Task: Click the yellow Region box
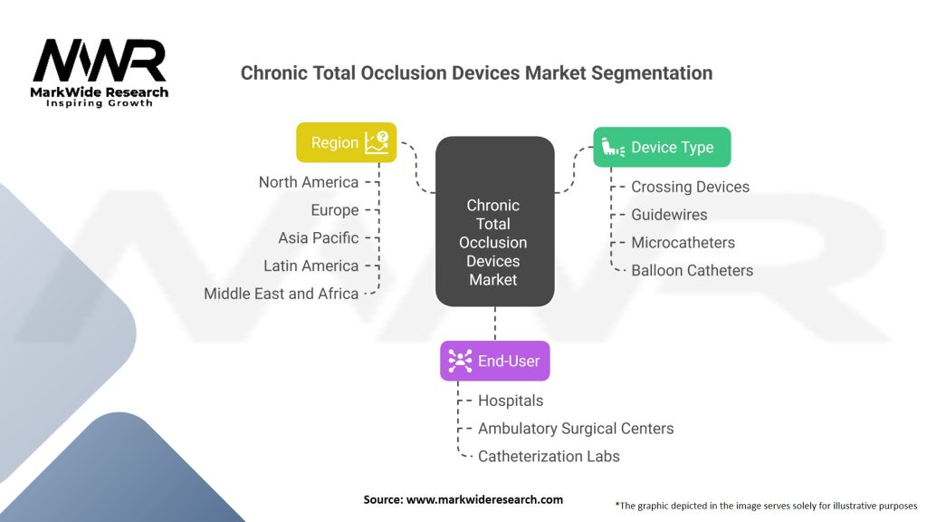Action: (x=347, y=142)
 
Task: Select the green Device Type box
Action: (x=662, y=147)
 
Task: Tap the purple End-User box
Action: (x=495, y=361)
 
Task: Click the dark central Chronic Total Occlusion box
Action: (x=495, y=221)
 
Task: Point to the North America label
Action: (x=309, y=182)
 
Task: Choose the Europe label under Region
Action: (x=335, y=210)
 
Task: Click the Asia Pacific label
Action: (x=319, y=238)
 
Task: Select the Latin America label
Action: (x=311, y=266)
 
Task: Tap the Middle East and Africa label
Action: (x=282, y=294)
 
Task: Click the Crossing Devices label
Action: (x=690, y=187)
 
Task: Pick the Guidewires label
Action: (x=669, y=215)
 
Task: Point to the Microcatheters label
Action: (x=683, y=243)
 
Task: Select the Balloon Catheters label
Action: (x=693, y=270)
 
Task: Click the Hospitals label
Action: (x=511, y=401)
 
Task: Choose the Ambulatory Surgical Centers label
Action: (x=576, y=429)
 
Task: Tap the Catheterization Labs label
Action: (x=549, y=457)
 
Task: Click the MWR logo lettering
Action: (x=100, y=61)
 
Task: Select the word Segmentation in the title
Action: (x=652, y=73)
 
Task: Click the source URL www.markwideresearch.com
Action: (x=485, y=499)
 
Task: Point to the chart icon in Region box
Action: (x=377, y=142)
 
